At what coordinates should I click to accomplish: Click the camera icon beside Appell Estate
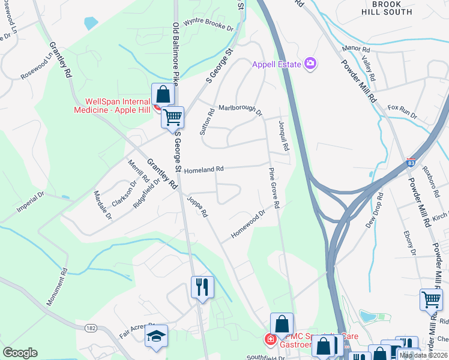[x=310, y=63]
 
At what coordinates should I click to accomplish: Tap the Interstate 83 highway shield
[x=411, y=163]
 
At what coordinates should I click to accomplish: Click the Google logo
[x=20, y=353]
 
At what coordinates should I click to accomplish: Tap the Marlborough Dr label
[x=240, y=110]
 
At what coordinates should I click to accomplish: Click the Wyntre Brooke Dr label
[x=208, y=26]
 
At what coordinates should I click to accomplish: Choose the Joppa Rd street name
[x=197, y=206]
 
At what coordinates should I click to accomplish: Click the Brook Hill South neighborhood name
[x=388, y=7]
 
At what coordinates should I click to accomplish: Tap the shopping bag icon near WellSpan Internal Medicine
[x=163, y=95]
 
